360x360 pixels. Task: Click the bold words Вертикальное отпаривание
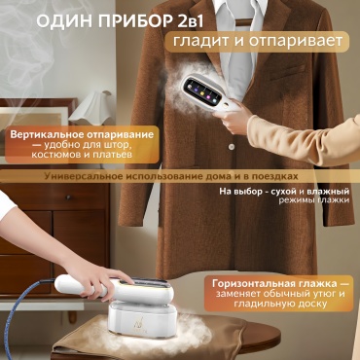tap(82, 135)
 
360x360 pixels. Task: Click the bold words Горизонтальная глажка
tap(274, 283)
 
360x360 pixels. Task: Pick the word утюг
tap(318, 295)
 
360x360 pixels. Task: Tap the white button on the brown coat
tap(232, 147)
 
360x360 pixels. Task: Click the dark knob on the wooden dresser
tap(68, 198)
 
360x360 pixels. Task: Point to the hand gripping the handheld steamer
tap(234, 116)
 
